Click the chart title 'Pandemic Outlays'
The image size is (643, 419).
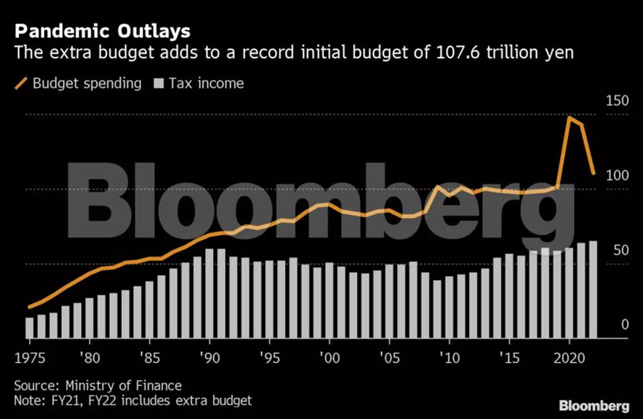[102, 31]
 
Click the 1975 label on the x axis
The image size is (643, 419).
[31, 357]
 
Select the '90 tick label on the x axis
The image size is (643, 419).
[210, 357]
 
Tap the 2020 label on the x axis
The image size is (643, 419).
[569, 357]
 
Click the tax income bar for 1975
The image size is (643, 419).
[29, 327]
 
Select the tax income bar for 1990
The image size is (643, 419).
[210, 293]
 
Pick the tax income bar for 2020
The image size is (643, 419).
[569, 293]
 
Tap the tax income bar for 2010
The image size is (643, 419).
[449, 307]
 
